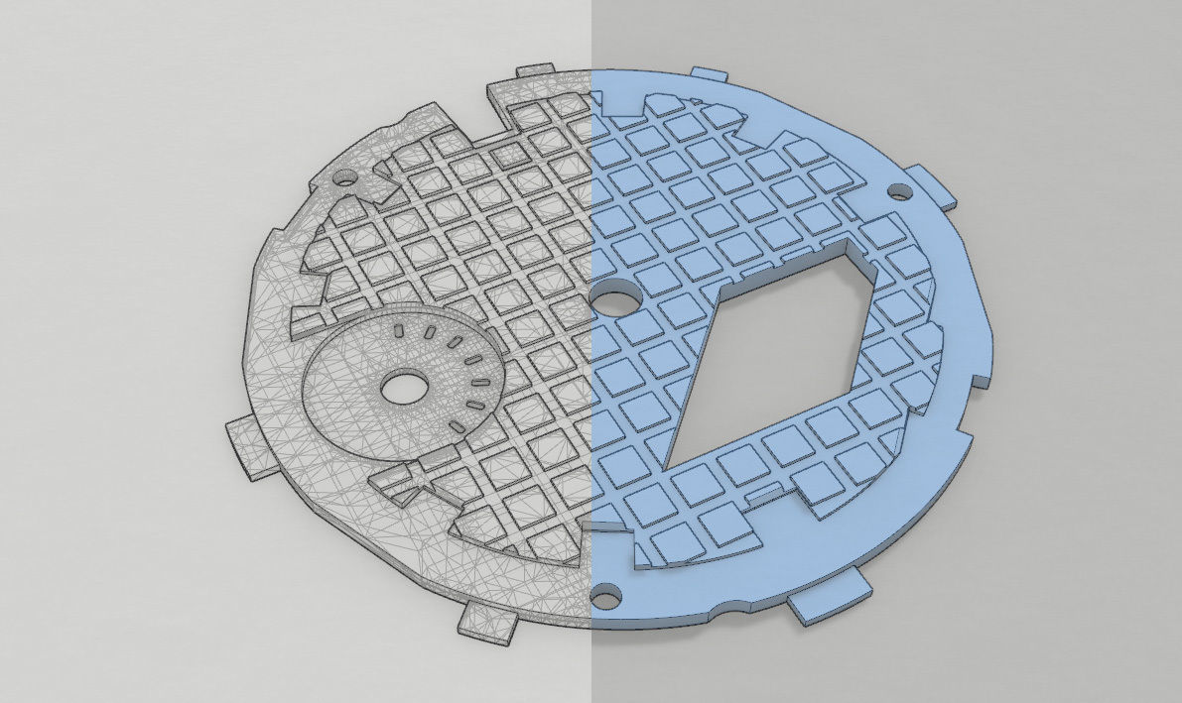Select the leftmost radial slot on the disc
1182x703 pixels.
(x=396, y=329)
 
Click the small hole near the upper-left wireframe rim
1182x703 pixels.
(x=344, y=180)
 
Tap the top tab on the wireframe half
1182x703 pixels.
(x=535, y=70)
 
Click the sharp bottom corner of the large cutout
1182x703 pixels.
(x=662, y=466)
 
